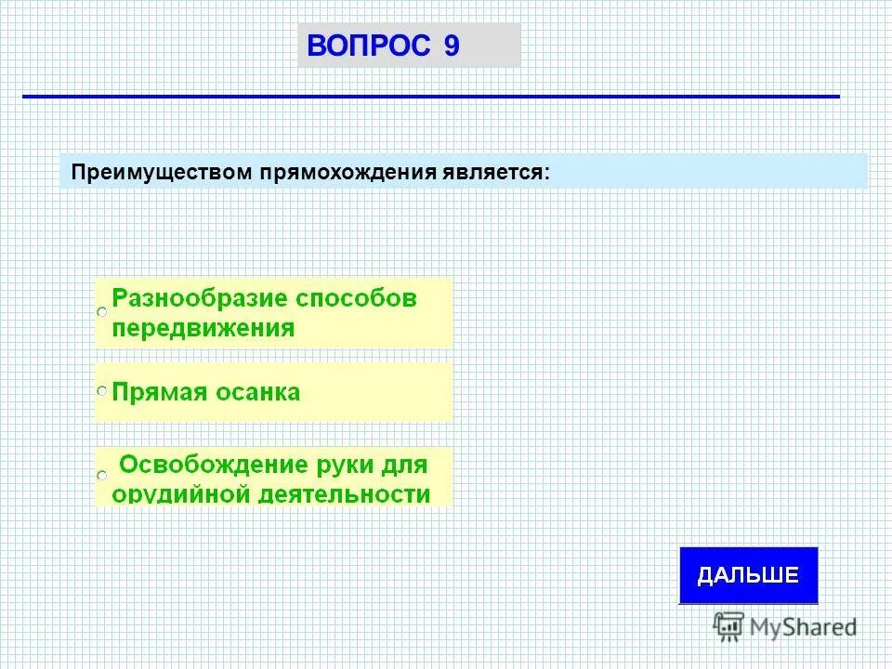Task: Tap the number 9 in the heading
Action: click(452, 46)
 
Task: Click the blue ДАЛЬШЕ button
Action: click(748, 575)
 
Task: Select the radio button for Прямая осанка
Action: click(102, 393)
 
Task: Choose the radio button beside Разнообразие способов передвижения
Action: click(102, 314)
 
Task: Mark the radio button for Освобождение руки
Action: click(102, 476)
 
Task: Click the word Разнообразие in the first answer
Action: click(198, 299)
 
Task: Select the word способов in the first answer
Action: click(357, 299)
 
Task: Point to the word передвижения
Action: click(203, 328)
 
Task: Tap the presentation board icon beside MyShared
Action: click(729, 626)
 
